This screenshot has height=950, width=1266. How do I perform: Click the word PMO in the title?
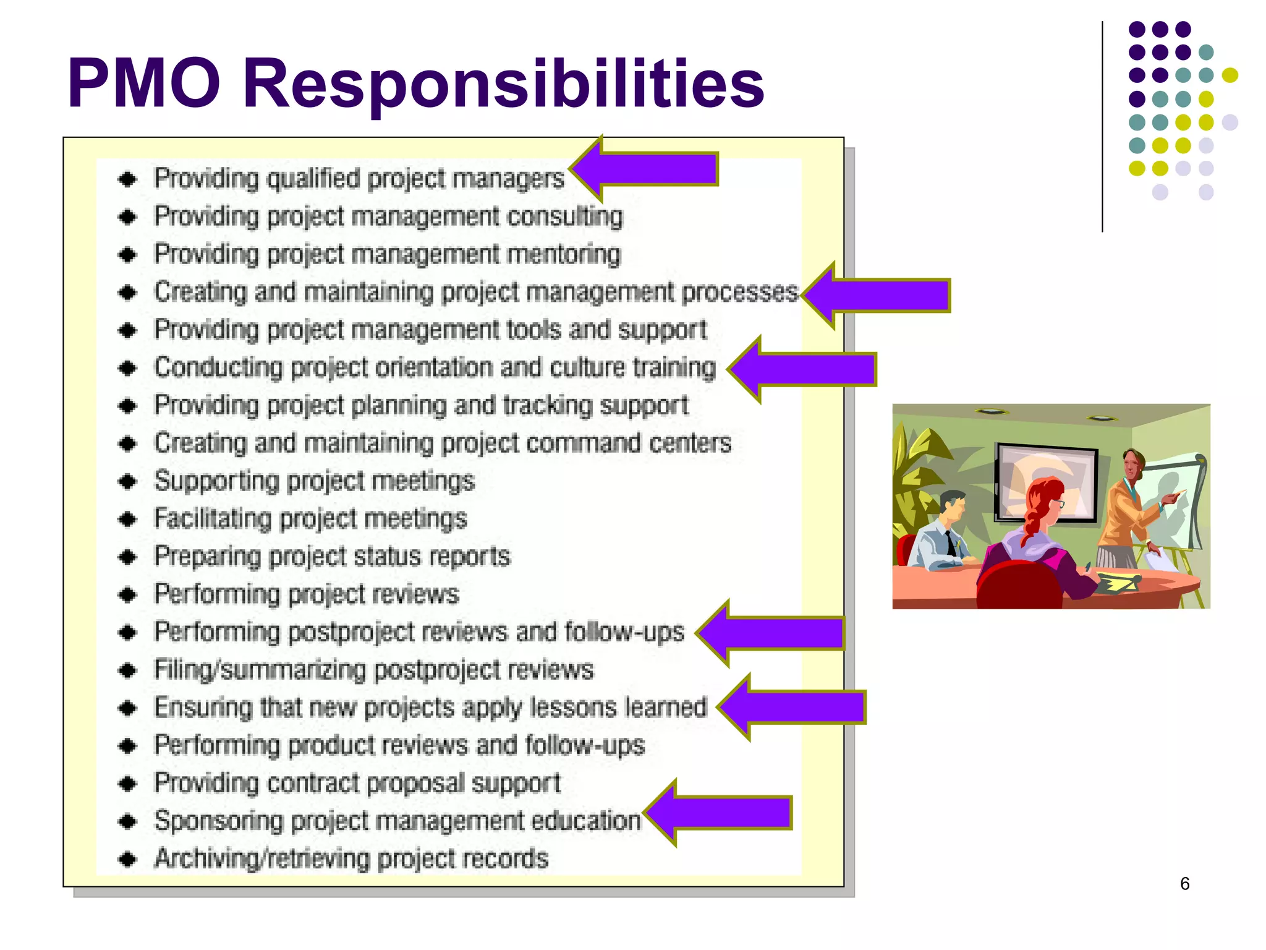tap(143, 83)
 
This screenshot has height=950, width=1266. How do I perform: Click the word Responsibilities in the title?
tap(503, 85)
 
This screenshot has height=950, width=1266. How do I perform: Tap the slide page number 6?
tap(1184, 883)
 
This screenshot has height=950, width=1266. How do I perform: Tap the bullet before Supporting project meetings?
tap(128, 481)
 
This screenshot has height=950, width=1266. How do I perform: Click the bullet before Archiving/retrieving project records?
tap(128, 858)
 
